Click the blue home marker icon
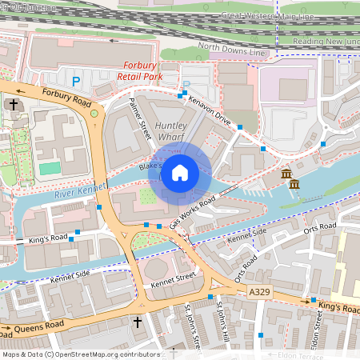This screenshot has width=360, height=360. pyautogui.click(x=180, y=173)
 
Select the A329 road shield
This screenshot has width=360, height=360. pyautogui.click(x=258, y=294)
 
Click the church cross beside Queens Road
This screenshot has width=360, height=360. pyautogui.click(x=137, y=323)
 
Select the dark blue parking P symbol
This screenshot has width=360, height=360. pyautogui.click(x=76, y=81)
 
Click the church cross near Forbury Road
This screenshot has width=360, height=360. pyautogui.click(x=14, y=105)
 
